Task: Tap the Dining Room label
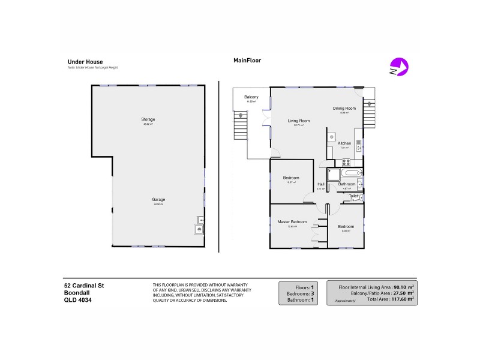344,109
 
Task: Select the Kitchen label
344,143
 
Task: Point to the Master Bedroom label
292,222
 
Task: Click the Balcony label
251,97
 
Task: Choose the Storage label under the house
148,119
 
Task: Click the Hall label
320,184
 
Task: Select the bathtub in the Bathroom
349,174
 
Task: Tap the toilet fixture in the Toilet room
361,196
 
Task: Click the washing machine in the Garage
197,229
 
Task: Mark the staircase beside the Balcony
240,127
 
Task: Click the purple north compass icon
398,66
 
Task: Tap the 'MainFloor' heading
247,61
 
